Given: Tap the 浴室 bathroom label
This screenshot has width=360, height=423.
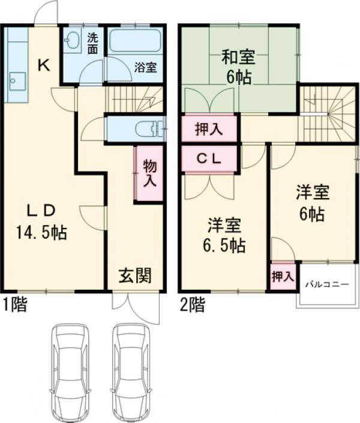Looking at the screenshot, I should point(145,67).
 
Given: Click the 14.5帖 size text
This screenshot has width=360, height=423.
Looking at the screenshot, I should point(41,232).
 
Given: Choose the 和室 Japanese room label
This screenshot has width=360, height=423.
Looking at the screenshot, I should point(238,58).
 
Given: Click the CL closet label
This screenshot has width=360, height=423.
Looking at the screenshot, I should point(211,159).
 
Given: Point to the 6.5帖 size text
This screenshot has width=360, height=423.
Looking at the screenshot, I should point(225,245).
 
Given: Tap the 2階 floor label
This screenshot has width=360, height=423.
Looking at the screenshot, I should point(191,305).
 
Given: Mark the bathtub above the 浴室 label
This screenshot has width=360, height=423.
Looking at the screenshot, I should point(134,42).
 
